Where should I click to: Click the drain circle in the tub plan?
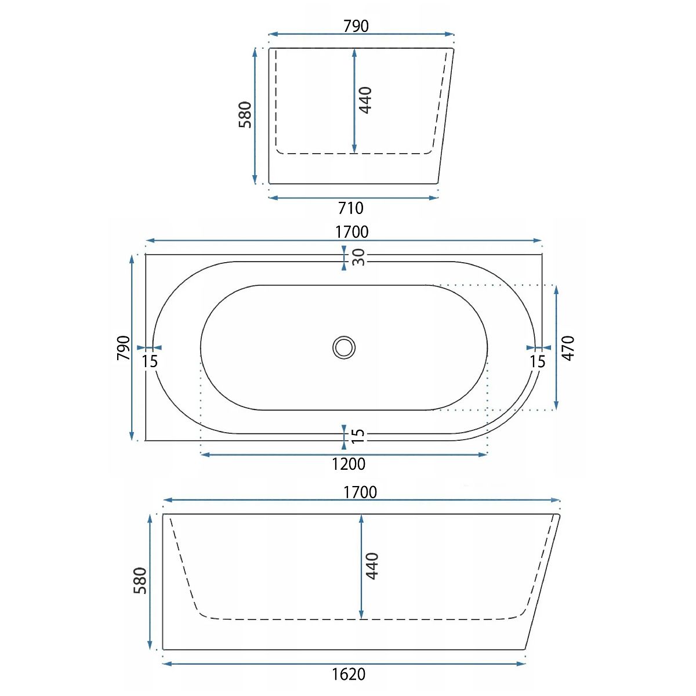(x=344, y=347)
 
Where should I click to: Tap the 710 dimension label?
(x=351, y=208)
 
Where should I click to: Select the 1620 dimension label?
(x=349, y=674)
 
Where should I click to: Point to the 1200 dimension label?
(x=349, y=464)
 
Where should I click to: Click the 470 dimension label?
(x=568, y=348)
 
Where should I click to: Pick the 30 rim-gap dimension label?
(x=358, y=257)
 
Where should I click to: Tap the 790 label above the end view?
(x=356, y=26)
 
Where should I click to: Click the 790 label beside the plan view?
(x=124, y=348)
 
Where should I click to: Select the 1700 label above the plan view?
(x=352, y=232)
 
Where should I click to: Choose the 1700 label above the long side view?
(x=360, y=492)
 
